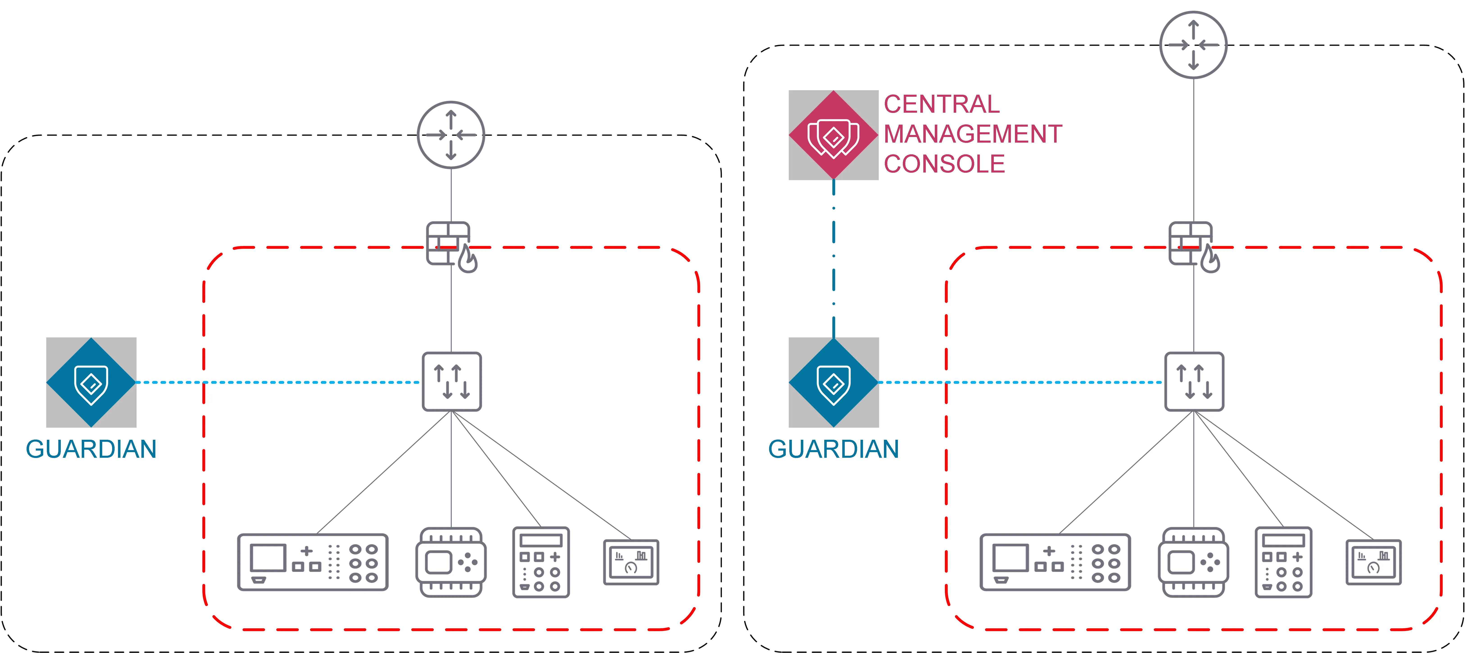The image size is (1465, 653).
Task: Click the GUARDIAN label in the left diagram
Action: point(91,449)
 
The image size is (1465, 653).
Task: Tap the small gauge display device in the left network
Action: point(631,562)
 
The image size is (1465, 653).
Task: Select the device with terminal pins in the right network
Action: point(1193,562)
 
